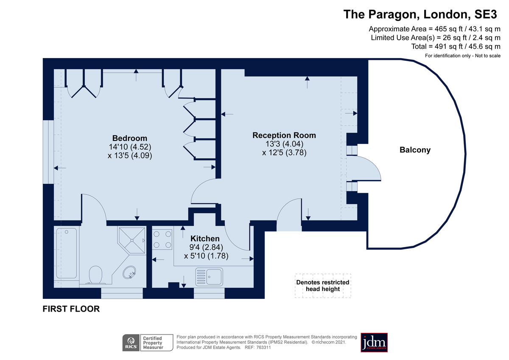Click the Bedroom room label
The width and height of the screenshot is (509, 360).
[x=130, y=138]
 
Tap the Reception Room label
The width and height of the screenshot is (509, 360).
[x=284, y=135]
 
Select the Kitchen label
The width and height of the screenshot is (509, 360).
[x=205, y=239]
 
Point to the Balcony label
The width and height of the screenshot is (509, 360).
[x=415, y=150]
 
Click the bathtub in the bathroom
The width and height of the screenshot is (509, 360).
[x=67, y=253]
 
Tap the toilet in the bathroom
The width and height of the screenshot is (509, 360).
[x=95, y=275]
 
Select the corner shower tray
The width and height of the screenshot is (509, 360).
[x=131, y=240]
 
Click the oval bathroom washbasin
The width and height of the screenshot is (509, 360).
[x=129, y=272]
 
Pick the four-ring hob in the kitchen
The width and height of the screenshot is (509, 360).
[x=162, y=239]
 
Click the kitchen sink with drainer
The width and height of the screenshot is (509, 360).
[x=209, y=277]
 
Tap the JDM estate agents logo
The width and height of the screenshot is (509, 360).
[x=374, y=343]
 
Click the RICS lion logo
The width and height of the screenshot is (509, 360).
[x=131, y=343]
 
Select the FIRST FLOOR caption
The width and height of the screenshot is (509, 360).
[x=71, y=309]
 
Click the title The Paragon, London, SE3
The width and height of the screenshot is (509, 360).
[x=420, y=14]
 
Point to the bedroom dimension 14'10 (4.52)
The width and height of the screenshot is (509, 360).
[x=130, y=147]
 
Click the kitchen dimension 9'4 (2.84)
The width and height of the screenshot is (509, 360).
[x=206, y=247]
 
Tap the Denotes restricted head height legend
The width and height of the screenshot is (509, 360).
[x=323, y=286]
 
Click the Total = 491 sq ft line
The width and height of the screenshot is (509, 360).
[x=456, y=47]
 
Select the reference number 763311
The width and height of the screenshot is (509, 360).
[x=263, y=348]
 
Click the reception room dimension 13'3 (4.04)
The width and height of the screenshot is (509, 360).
[x=284, y=144]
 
